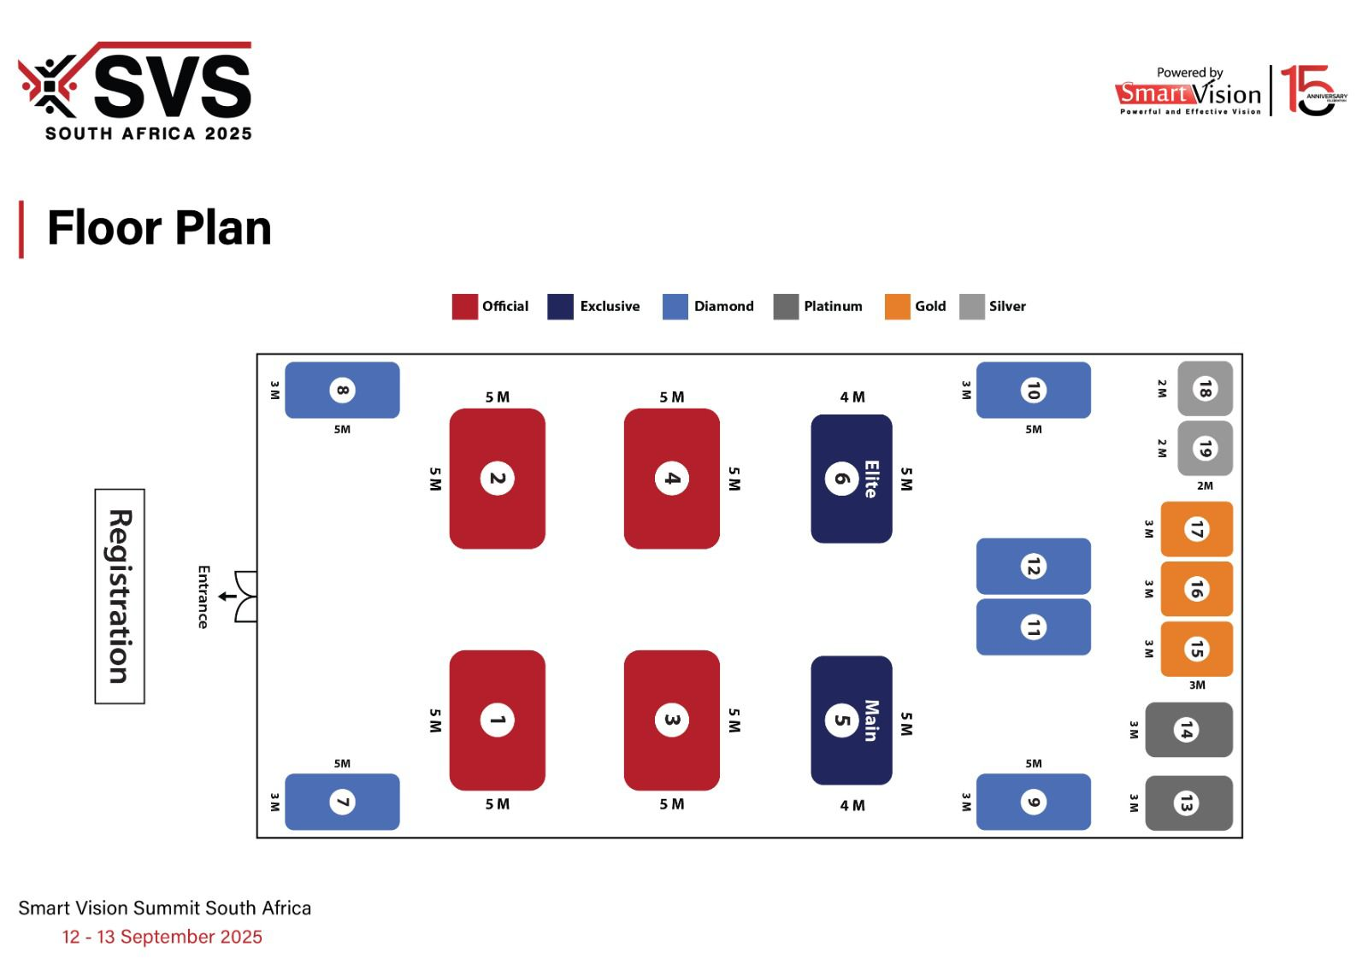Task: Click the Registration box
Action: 120,597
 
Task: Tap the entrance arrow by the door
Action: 227,597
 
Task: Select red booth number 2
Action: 497,479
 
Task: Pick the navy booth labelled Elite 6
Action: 852,479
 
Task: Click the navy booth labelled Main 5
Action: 852,720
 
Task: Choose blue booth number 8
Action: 342,390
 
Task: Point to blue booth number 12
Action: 1034,567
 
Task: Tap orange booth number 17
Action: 1196,529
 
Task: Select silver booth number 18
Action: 1205,389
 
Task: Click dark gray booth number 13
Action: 1188,803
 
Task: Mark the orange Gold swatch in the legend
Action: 897,307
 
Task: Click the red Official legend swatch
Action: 465,307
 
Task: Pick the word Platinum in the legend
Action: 833,307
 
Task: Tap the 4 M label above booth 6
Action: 852,397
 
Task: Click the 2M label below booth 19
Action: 1205,486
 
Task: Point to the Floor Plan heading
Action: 159,228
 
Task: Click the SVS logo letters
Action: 173,85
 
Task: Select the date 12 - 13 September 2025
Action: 162,937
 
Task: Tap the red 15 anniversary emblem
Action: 1313,91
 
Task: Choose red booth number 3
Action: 672,720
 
